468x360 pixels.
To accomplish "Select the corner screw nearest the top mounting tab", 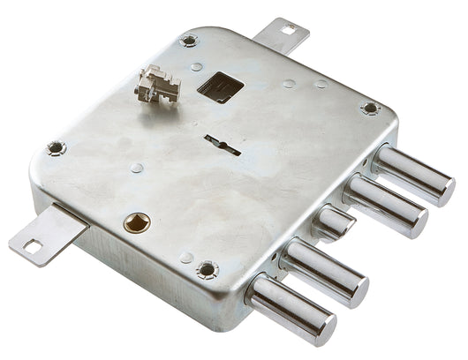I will [x=188, y=41].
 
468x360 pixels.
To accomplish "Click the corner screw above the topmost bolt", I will [x=370, y=109].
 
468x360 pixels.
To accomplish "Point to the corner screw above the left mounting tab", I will [x=56, y=147].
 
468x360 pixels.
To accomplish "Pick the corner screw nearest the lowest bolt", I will [x=207, y=268].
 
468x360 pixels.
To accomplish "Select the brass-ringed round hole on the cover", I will [x=137, y=221].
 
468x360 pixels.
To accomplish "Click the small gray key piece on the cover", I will [x=157, y=85].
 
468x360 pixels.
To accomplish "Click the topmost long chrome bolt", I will [x=411, y=174].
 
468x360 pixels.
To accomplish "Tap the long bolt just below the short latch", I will [x=322, y=267].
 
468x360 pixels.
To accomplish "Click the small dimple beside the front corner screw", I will [x=186, y=258].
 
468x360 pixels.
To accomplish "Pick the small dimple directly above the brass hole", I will [x=136, y=168].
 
